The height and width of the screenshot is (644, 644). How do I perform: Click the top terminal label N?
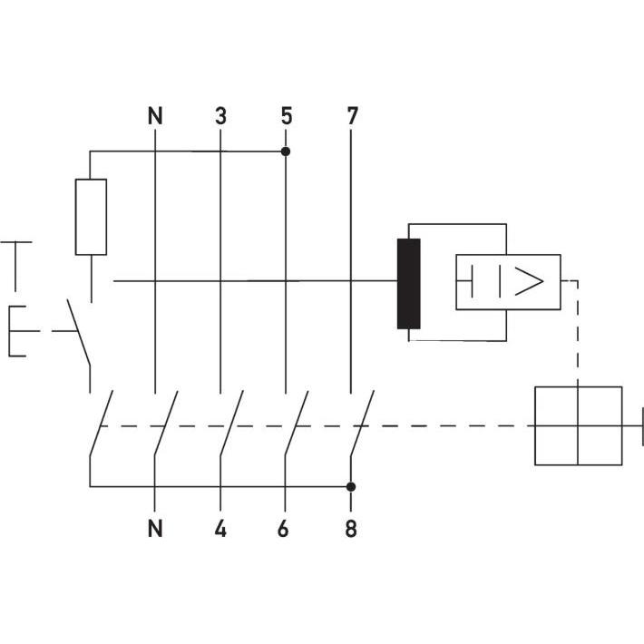tap(156, 116)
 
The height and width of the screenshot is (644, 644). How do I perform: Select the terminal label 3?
tap(220, 116)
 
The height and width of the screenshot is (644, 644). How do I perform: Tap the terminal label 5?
tap(286, 116)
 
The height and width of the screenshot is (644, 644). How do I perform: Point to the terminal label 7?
tap(352, 116)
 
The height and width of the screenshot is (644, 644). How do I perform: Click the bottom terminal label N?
tap(156, 529)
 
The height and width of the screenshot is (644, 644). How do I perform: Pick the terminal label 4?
tap(220, 529)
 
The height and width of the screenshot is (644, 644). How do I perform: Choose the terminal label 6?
tap(284, 529)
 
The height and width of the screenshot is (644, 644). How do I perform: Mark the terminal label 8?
tap(351, 529)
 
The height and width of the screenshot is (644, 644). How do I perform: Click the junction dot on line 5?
tap(286, 151)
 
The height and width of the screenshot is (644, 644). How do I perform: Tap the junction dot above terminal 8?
tap(351, 486)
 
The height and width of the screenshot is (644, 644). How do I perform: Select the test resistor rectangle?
tap(91, 217)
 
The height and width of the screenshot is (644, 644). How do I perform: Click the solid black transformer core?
tap(409, 283)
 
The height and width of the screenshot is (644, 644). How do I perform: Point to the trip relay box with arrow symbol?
tap(507, 283)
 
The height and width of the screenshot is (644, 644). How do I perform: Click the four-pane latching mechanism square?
tap(578, 425)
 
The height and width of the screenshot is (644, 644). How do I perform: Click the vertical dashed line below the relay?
tap(578, 336)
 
